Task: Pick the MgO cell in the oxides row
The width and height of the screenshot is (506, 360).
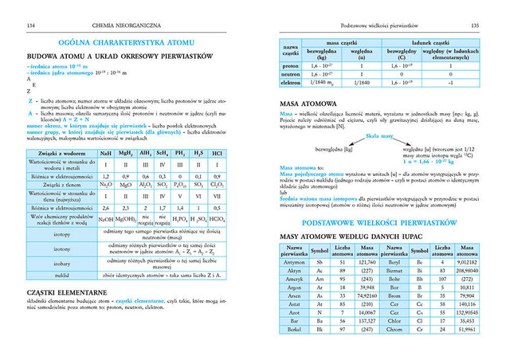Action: click(x=125, y=184)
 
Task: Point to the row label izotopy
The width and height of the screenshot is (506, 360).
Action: click(x=61, y=235)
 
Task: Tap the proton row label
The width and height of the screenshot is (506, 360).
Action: click(x=291, y=65)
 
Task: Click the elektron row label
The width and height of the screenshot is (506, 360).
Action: click(x=291, y=83)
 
